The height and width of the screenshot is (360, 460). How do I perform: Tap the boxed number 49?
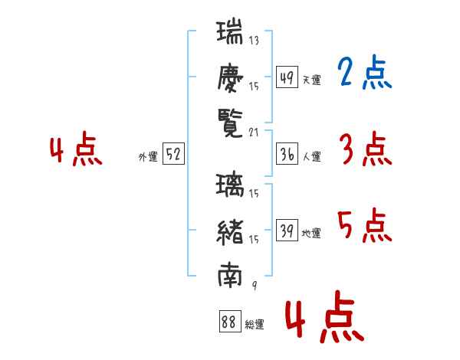(x=287, y=77)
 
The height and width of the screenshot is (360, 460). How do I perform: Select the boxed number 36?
(x=287, y=155)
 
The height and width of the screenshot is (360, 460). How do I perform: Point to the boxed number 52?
(x=172, y=155)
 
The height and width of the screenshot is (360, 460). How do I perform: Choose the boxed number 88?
(x=228, y=322)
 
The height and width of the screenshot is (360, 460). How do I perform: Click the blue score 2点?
(x=364, y=73)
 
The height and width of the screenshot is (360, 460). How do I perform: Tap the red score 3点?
(x=364, y=149)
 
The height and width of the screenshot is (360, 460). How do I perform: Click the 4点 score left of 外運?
(x=76, y=150)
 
